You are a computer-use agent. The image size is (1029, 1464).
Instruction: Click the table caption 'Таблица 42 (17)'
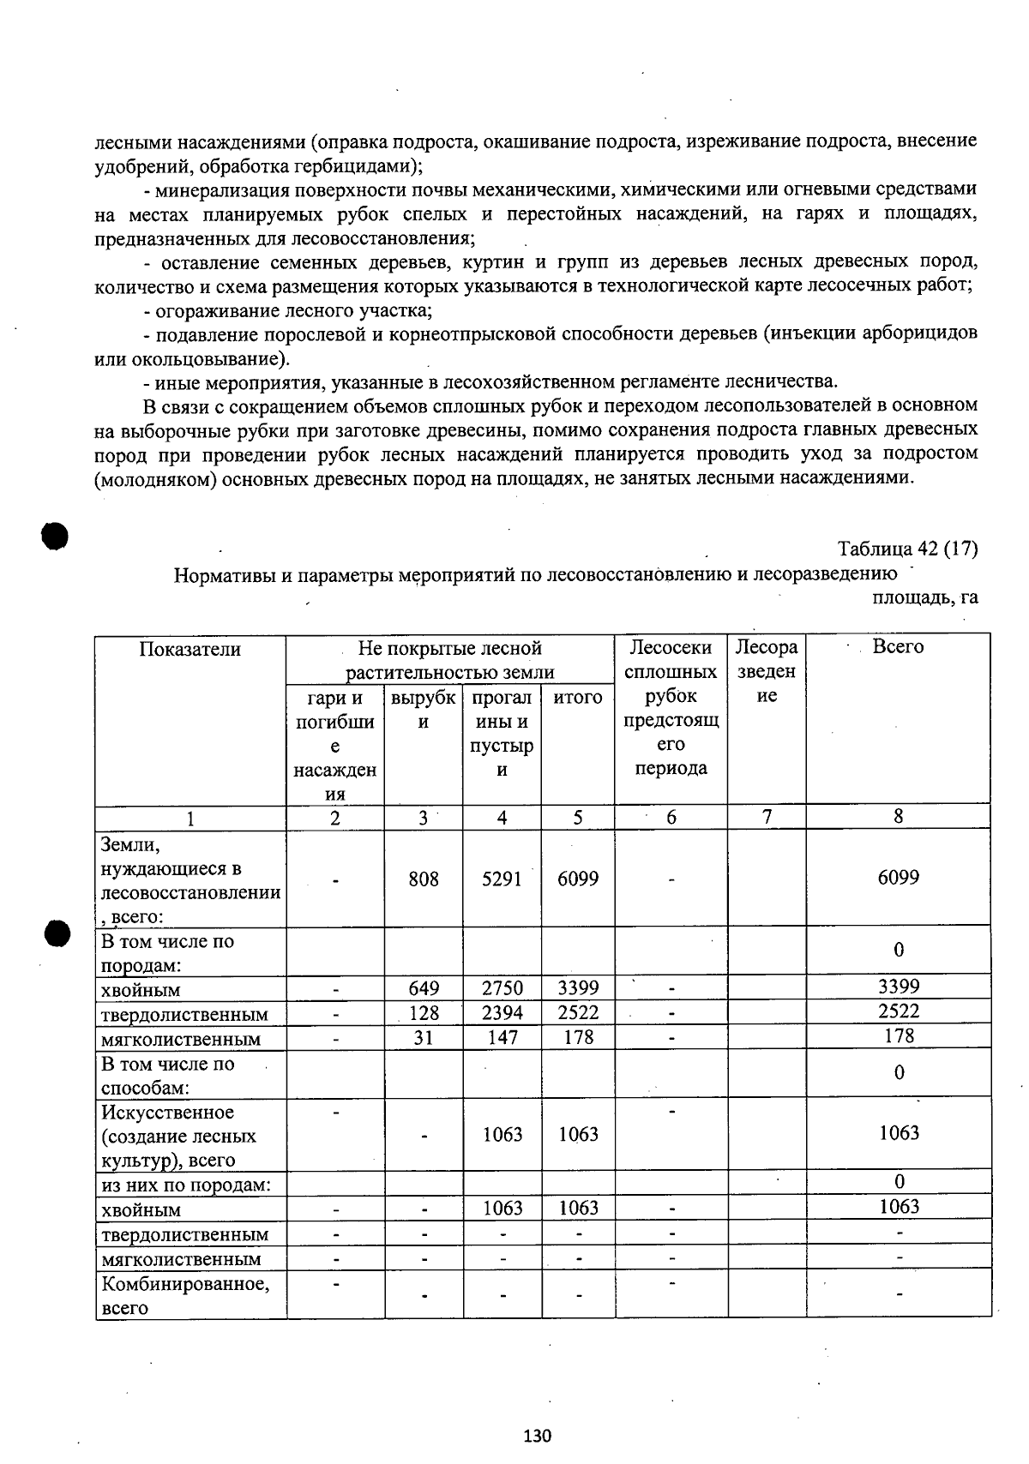click(907, 549)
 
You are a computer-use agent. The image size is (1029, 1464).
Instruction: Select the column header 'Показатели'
click(190, 650)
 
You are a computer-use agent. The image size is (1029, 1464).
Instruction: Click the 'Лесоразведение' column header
click(767, 671)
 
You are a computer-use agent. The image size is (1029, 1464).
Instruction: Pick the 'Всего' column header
click(898, 647)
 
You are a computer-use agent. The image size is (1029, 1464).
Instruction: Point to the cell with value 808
click(424, 879)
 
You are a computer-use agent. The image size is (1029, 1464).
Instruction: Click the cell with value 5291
click(502, 879)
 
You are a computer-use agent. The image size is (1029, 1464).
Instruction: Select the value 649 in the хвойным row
click(424, 988)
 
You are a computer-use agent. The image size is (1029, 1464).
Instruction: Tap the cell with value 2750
click(502, 988)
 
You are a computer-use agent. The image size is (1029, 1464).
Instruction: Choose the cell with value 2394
click(502, 1013)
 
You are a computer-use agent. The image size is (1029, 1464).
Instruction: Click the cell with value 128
click(424, 1013)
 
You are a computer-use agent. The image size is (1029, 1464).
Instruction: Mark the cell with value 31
click(424, 1037)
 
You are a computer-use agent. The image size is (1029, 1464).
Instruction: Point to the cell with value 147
click(502, 1037)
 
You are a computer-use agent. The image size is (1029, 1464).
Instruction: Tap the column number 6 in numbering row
click(671, 818)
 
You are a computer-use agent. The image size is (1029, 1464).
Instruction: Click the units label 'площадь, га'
click(924, 597)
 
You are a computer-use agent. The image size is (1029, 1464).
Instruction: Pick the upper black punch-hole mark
click(53, 536)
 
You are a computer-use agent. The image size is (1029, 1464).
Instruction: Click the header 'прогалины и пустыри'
click(502, 734)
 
